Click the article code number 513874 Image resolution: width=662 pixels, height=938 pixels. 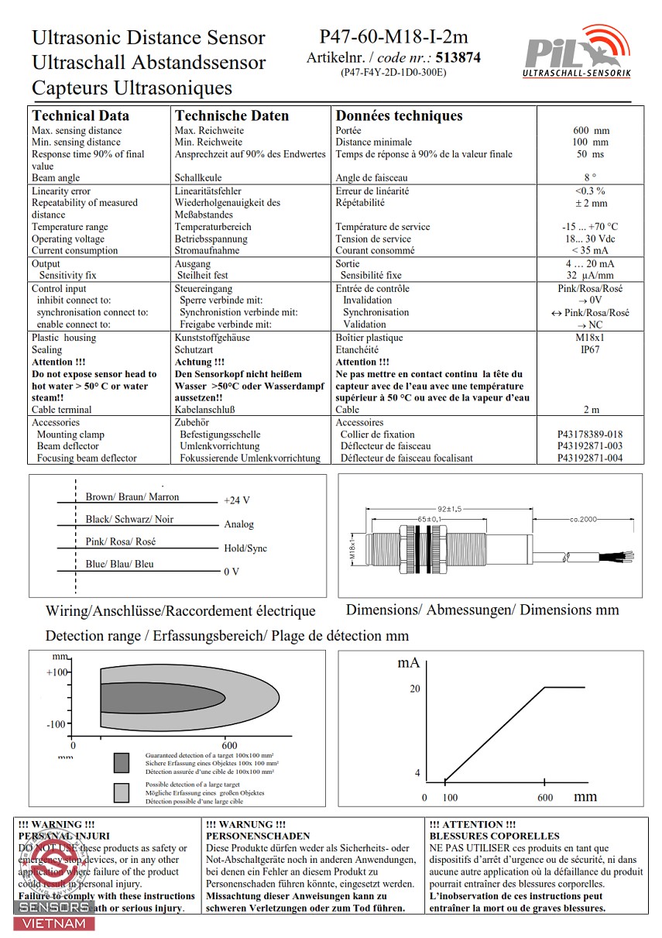(x=458, y=57)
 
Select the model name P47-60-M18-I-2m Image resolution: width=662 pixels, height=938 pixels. (x=393, y=36)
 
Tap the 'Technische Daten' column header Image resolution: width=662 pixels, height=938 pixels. (x=232, y=116)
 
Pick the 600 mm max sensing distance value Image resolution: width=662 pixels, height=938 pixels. (x=591, y=131)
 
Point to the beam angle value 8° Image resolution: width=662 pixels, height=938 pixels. (x=590, y=178)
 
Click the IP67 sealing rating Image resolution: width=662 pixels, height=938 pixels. (x=590, y=349)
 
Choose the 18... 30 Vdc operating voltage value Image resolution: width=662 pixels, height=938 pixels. (x=590, y=239)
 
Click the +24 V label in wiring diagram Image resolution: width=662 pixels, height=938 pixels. (x=237, y=500)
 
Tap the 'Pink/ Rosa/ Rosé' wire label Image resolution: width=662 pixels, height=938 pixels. (x=120, y=541)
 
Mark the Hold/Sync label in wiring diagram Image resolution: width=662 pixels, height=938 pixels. (x=245, y=548)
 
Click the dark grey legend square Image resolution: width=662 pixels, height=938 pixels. (x=121, y=763)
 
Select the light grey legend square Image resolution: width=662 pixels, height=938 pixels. (x=121, y=792)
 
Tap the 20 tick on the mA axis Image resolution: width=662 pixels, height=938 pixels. (x=414, y=689)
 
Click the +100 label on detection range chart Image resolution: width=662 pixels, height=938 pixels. (x=57, y=672)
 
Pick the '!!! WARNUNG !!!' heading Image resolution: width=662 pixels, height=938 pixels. (x=246, y=825)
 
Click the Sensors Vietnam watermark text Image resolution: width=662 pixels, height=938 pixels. (x=54, y=915)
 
